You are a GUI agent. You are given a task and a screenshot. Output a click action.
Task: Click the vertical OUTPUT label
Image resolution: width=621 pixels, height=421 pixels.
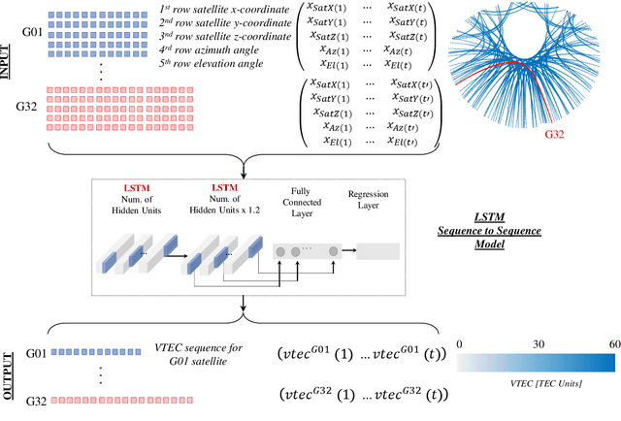[9, 374]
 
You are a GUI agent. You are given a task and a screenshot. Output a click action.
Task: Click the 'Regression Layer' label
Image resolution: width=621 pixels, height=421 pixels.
[374, 201]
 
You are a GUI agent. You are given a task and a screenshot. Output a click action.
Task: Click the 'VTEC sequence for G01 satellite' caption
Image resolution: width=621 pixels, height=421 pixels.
[200, 353]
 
